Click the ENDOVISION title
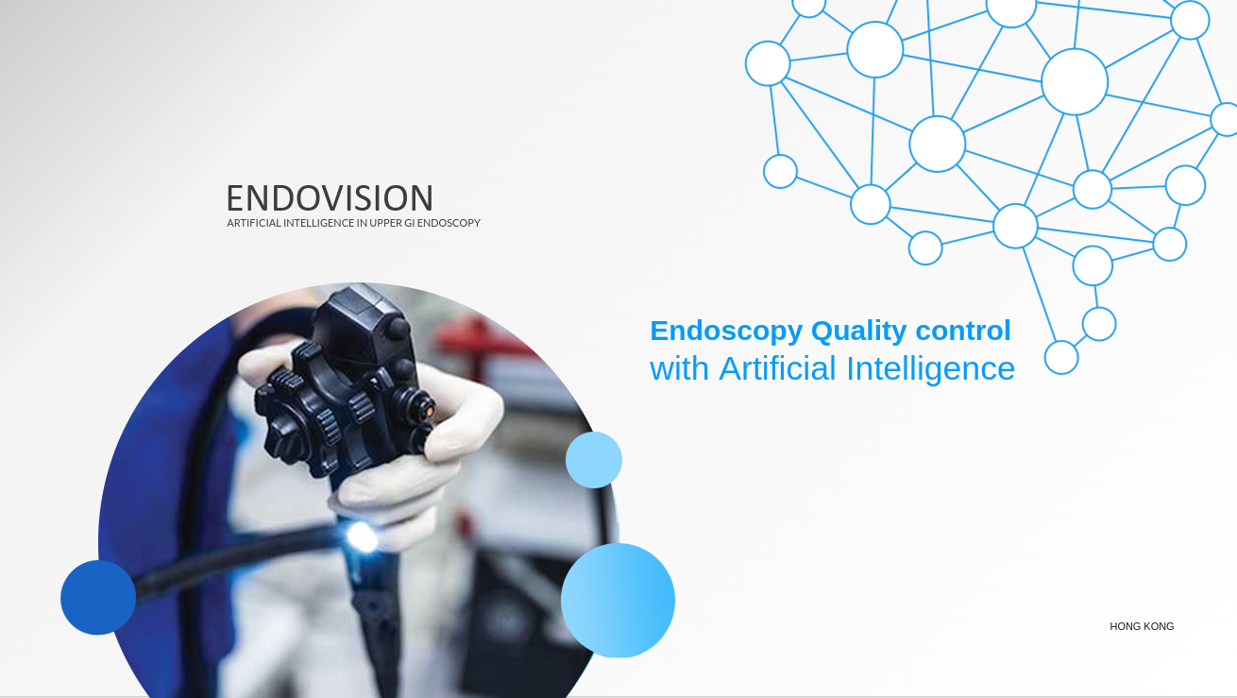pyautogui.click(x=330, y=197)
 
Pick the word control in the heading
pyautogui.click(x=963, y=331)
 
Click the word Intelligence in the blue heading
pyautogui.click(x=930, y=369)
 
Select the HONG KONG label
pyautogui.click(x=1142, y=626)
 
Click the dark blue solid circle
pyautogui.click(x=98, y=598)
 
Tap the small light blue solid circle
pyautogui.click(x=594, y=460)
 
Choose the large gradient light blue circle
pyautogui.click(x=618, y=601)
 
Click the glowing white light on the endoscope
pyautogui.click(x=362, y=536)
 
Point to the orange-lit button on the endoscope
pyautogui.click(x=428, y=411)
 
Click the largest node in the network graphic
pyautogui.click(x=1075, y=82)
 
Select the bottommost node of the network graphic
pyautogui.click(x=1061, y=357)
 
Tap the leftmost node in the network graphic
pyautogui.click(x=768, y=63)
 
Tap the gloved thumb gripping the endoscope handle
pyautogui.click(x=260, y=363)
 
